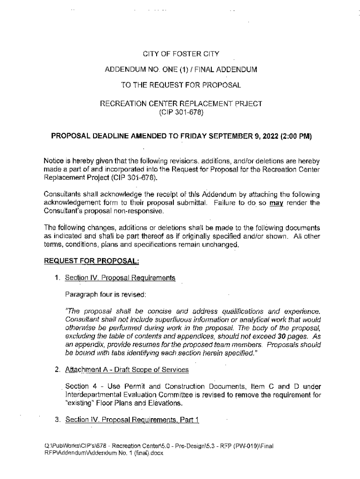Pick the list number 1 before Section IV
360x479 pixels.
click(x=57, y=278)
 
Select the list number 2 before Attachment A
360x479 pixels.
click(x=57, y=370)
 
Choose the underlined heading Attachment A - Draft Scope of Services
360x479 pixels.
click(x=127, y=370)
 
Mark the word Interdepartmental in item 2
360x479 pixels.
click(x=92, y=395)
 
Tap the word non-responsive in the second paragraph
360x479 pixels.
click(x=138, y=211)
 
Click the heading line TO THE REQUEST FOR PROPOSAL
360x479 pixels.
click(x=181, y=85)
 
